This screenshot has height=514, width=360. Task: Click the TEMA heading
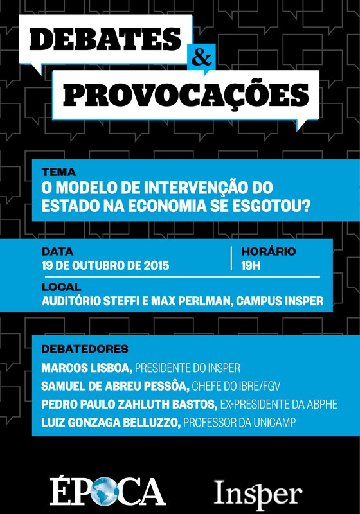(x=58, y=172)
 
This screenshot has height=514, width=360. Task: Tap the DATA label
(x=57, y=251)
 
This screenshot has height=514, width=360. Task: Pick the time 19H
(x=251, y=265)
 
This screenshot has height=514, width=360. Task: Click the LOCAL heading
(x=61, y=287)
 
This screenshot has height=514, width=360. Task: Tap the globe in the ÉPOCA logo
(x=103, y=492)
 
